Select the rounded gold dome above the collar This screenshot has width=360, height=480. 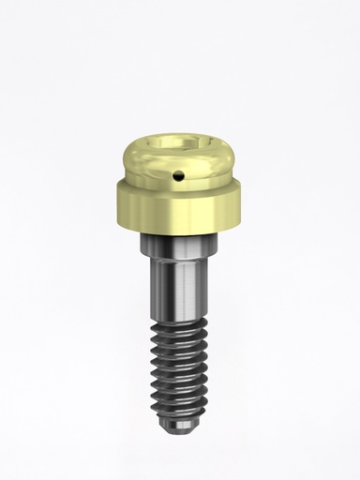tap(180, 161)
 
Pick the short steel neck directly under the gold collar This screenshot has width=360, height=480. tap(179, 245)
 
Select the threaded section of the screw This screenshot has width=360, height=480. tap(179, 375)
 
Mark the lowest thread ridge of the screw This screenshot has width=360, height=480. tap(179, 421)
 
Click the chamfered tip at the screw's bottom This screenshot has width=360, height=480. tap(179, 431)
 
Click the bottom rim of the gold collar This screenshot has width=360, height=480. tap(180, 232)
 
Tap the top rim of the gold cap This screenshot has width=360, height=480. tap(180, 137)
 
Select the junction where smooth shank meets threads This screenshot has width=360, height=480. tap(179, 322)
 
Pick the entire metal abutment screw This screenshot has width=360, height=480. tap(180, 281)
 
